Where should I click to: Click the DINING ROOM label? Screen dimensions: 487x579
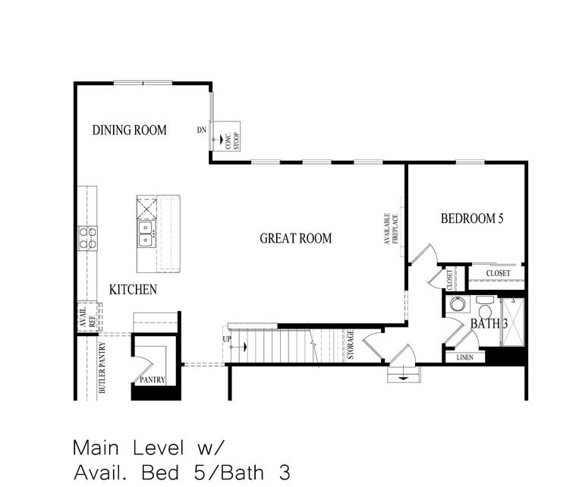click(129, 130)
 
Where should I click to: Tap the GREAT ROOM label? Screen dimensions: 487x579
click(296, 238)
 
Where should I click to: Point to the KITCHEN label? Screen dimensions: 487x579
click(133, 290)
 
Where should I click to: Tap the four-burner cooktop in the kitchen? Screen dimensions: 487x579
click(87, 238)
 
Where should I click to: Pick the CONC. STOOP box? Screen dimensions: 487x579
click(226, 136)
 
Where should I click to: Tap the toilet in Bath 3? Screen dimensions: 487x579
click(485, 310)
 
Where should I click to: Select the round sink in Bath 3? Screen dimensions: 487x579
click(458, 305)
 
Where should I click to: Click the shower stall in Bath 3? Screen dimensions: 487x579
click(512, 322)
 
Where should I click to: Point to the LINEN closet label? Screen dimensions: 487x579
click(464, 357)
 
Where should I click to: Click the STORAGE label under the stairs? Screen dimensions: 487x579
click(350, 344)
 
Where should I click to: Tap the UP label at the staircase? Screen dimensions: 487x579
click(226, 338)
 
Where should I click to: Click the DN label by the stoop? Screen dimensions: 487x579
click(202, 130)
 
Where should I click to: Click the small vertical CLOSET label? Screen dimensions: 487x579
click(449, 278)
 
